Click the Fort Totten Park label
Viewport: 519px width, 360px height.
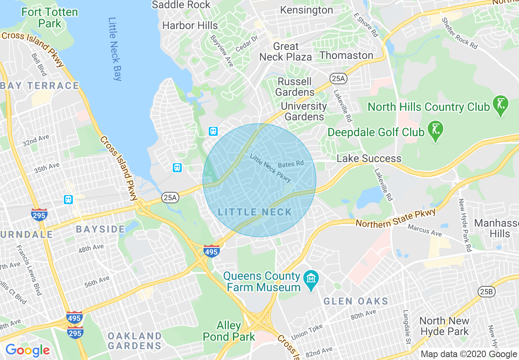pos(50,18)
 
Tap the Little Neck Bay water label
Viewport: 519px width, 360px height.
pos(115,49)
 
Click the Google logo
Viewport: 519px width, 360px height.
pos(27,350)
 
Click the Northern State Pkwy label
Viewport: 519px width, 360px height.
pos(396,218)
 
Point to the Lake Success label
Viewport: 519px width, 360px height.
pos(369,158)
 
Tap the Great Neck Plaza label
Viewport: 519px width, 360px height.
pos(286,52)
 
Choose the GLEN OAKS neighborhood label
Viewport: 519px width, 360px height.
pos(356,301)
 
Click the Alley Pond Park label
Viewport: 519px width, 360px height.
pos(229,331)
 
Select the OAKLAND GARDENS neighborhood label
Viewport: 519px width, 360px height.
pos(135,341)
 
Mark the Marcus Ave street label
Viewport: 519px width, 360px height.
pos(425,230)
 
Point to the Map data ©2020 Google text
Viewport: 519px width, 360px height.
pos(469,354)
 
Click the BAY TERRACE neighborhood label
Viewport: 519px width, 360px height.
pos(40,85)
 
